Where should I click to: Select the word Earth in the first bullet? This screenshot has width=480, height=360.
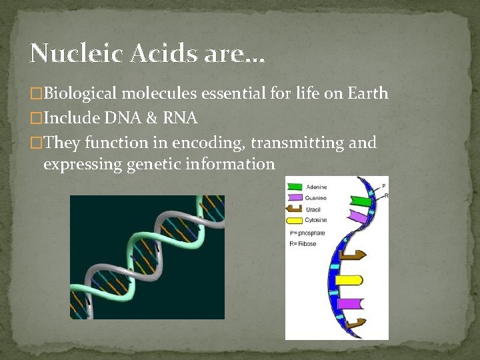pyautogui.click(x=367, y=93)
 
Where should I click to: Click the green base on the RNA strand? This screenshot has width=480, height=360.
pyautogui.click(x=361, y=201)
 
